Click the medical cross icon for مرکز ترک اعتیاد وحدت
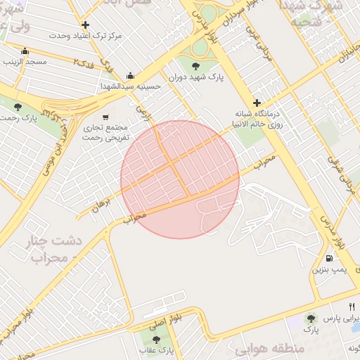(86, 25)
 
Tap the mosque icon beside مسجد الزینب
(25, 51)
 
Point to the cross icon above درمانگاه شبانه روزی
(257, 103)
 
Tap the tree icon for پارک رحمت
(18, 107)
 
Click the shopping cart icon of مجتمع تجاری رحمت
(105, 117)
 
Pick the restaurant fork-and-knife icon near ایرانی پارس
(352, 307)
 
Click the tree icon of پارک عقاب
(156, 340)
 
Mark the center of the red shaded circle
(180, 179)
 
